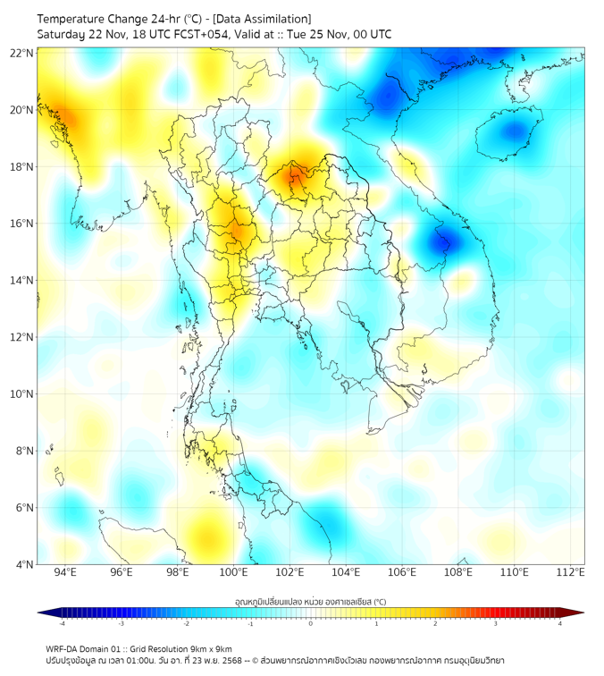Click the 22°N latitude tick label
point(22,53)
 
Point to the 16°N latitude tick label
point(22,224)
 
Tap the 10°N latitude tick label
point(22,394)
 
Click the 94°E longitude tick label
point(65,572)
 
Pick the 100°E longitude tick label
point(233,572)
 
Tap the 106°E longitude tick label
point(402,572)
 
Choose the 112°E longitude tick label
point(570,572)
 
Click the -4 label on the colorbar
point(62,623)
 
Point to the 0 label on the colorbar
point(311,623)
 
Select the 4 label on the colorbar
point(559,623)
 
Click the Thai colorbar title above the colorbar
point(310,601)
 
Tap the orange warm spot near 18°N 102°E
point(294,174)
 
